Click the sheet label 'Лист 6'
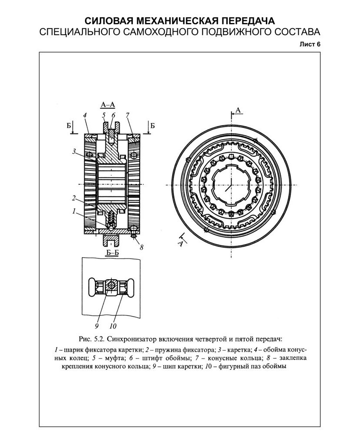coord(310,45)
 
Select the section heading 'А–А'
coord(108,105)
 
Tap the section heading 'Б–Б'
coord(112,253)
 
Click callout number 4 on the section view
coord(85,115)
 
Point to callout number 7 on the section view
coord(128,115)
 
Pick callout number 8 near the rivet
coord(141,247)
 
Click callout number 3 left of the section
coord(74,151)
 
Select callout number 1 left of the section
coord(74,211)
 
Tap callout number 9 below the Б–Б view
coord(97,326)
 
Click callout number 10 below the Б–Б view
coord(113,326)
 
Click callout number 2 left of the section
coord(74,198)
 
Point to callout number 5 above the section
coord(104,115)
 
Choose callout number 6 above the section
coord(113,115)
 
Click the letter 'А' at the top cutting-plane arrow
coord(238,110)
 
